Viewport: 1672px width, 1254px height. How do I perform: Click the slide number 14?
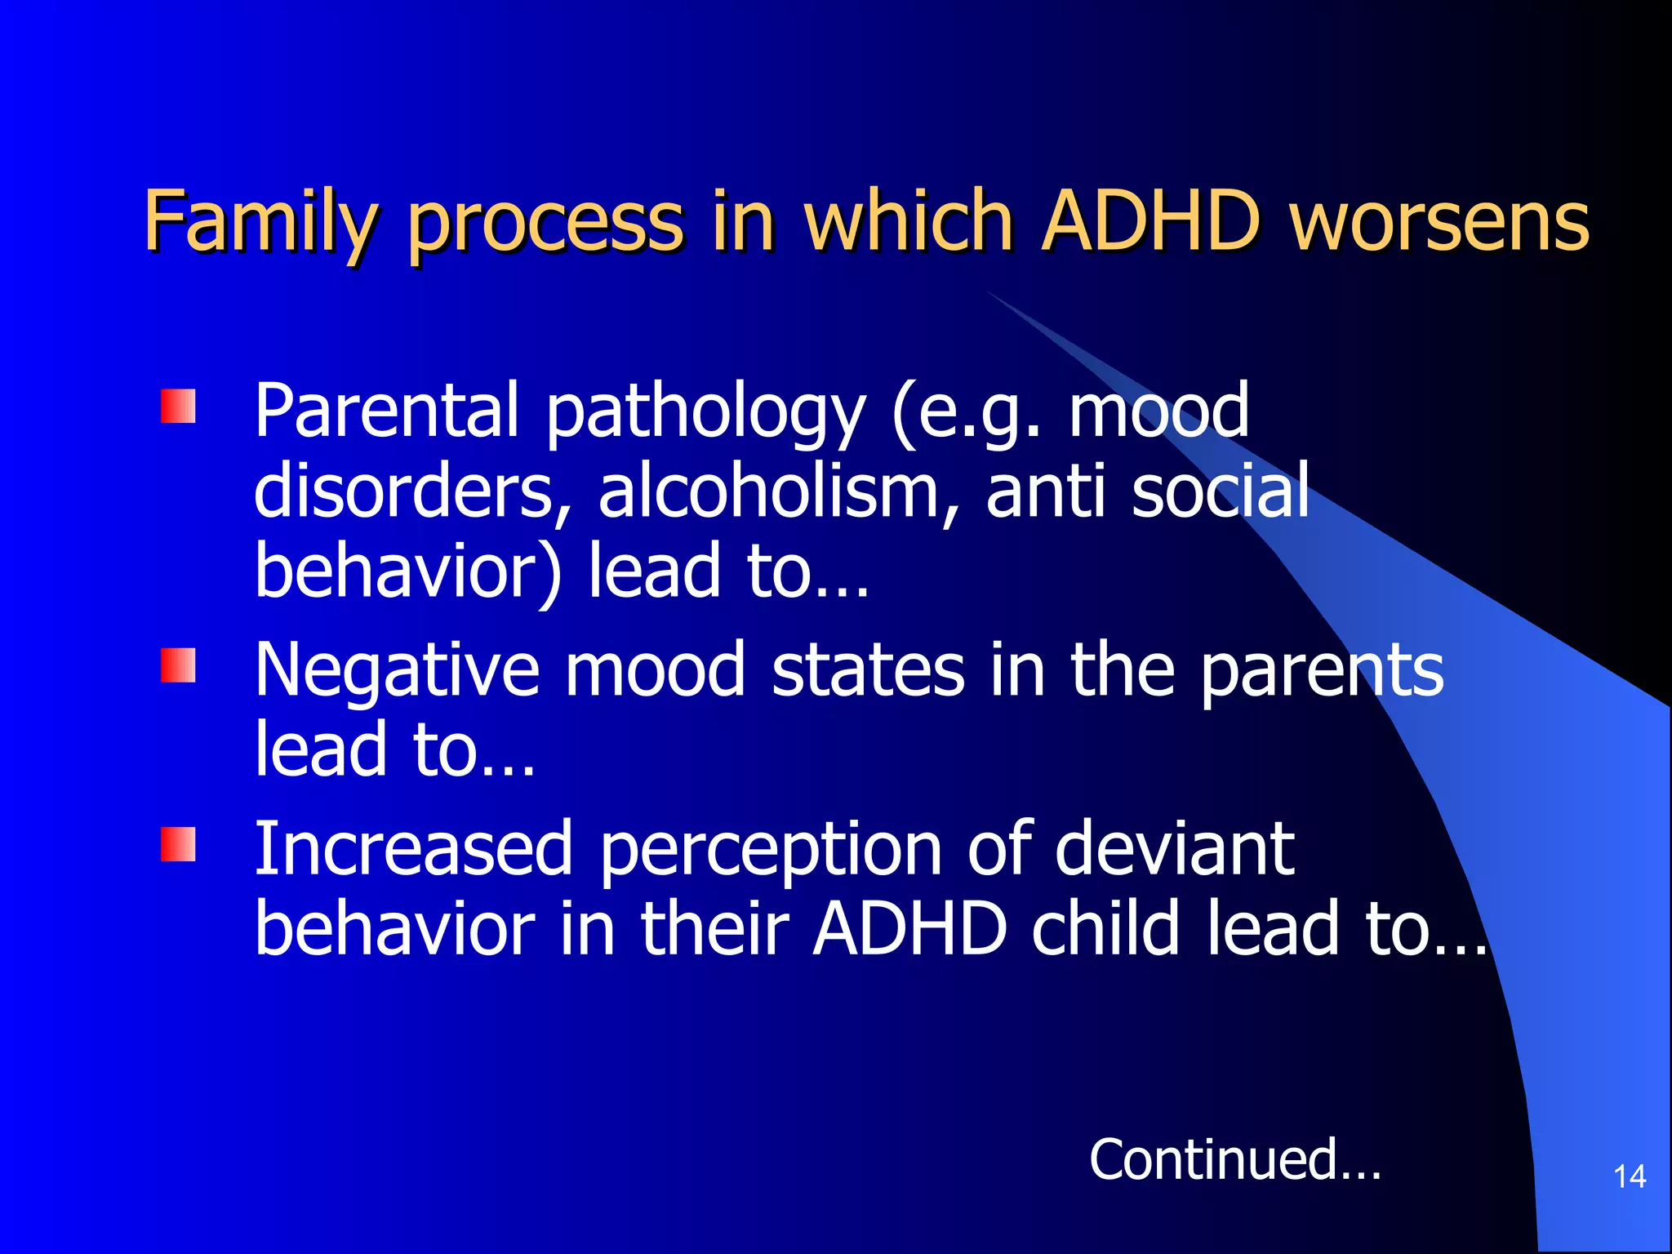(1630, 1176)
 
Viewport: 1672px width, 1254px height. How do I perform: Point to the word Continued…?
(1234, 1159)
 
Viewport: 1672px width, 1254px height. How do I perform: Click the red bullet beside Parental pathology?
(178, 407)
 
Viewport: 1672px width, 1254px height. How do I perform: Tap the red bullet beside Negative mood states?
(178, 665)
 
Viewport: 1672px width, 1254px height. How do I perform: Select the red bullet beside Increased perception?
(178, 844)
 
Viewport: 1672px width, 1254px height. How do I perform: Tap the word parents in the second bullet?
(1321, 671)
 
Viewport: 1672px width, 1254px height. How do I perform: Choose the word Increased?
(414, 849)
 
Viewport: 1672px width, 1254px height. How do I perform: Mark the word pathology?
(705, 412)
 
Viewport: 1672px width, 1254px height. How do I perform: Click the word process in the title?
(545, 222)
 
